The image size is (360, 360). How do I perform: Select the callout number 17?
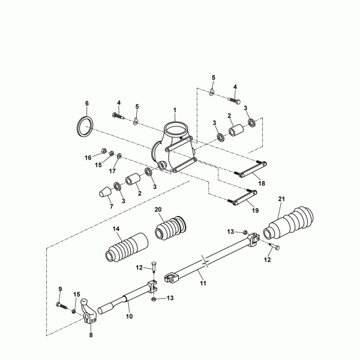tap(112, 170)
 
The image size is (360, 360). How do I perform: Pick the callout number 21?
tap(282, 198)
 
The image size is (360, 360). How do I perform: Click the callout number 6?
tap(86, 103)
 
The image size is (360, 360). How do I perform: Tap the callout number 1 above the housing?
tap(175, 110)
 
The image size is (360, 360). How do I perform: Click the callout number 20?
tap(158, 209)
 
